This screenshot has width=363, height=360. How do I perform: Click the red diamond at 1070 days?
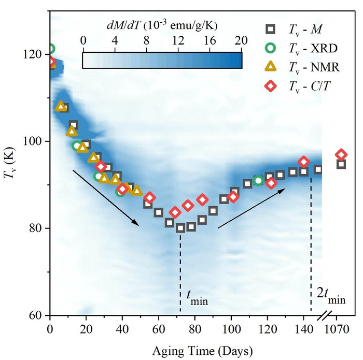point(341,154)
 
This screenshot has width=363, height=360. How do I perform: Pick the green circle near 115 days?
point(258,180)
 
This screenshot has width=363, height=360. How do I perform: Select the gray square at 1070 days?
point(341,164)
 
